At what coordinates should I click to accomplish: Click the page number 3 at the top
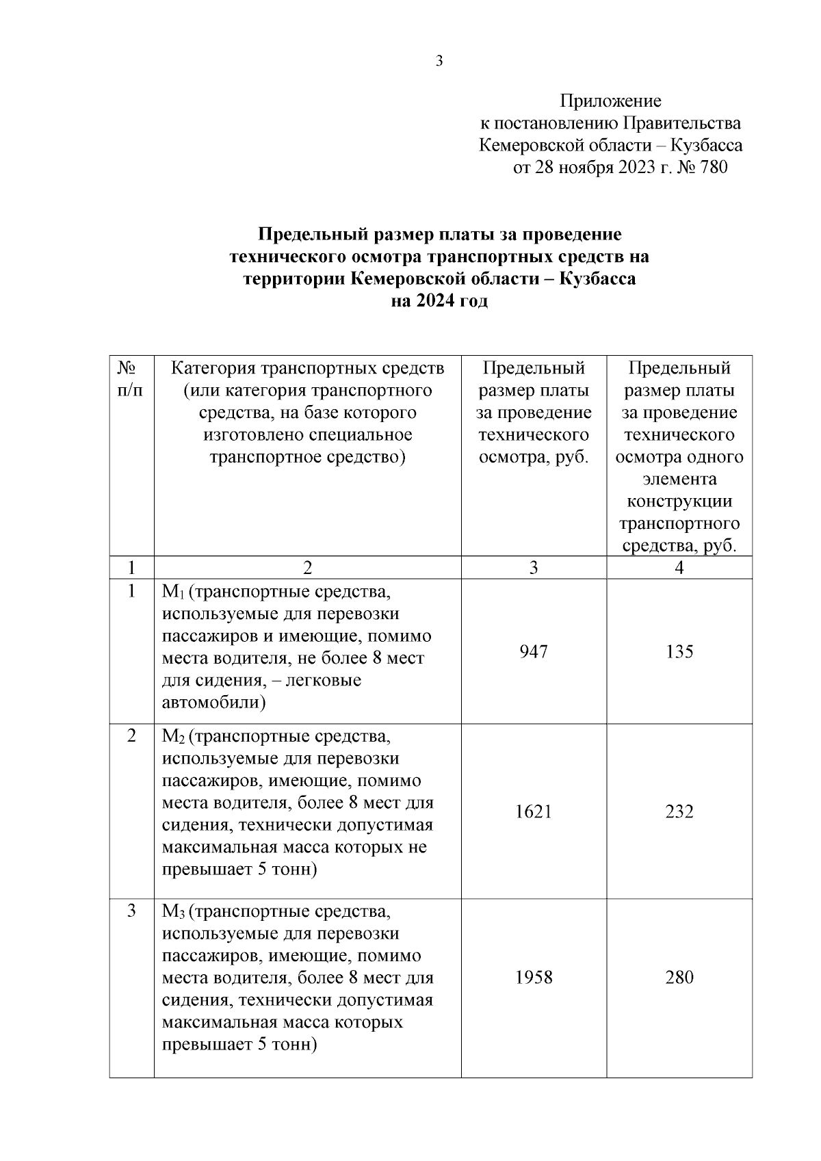tap(439, 61)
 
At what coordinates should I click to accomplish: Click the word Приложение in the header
tap(610, 101)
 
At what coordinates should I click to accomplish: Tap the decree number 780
tap(714, 168)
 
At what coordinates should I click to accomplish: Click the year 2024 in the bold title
tap(437, 301)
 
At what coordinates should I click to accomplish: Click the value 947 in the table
tap(534, 651)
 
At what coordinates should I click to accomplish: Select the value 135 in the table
tap(679, 651)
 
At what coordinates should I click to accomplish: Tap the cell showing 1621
tap(534, 811)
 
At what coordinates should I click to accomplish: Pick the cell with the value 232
tap(679, 811)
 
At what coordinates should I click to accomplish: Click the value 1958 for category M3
tap(534, 977)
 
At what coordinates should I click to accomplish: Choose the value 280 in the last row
tap(679, 977)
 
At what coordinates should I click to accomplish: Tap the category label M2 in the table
tap(172, 737)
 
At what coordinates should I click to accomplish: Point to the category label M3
tap(172, 912)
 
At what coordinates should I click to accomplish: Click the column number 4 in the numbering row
tap(679, 568)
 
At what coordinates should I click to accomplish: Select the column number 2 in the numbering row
tap(307, 568)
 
